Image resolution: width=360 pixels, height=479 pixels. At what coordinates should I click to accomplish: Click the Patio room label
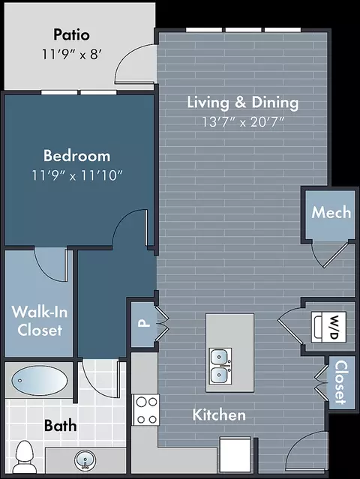pyautogui.click(x=71, y=34)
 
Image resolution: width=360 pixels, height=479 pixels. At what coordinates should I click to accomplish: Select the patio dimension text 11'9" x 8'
pyautogui.click(x=71, y=55)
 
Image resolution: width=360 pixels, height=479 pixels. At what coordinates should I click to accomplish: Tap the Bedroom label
pyautogui.click(x=76, y=155)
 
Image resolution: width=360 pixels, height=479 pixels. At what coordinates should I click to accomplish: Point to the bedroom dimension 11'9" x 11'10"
pyautogui.click(x=77, y=175)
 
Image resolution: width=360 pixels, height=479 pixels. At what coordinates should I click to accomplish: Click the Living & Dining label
pyautogui.click(x=243, y=103)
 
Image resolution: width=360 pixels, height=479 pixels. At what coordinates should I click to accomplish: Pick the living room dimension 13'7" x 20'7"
pyautogui.click(x=243, y=122)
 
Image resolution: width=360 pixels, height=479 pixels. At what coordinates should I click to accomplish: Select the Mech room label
pyautogui.click(x=331, y=212)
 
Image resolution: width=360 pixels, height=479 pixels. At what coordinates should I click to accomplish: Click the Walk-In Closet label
pyautogui.click(x=40, y=321)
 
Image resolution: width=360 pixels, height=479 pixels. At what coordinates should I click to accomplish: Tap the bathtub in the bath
pyautogui.click(x=40, y=380)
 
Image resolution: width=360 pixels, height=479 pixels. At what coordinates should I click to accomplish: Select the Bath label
pyautogui.click(x=60, y=426)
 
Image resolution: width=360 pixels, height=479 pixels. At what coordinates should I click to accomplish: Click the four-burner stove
pyautogui.click(x=145, y=410)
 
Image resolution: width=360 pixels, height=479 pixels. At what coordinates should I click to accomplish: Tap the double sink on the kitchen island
pyautogui.click(x=220, y=366)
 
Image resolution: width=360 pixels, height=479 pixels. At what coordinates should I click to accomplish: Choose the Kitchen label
pyautogui.click(x=219, y=415)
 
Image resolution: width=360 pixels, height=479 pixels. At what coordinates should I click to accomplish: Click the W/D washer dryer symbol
pyautogui.click(x=328, y=327)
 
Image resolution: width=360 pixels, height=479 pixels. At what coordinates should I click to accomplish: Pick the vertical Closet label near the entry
pyautogui.click(x=341, y=382)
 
